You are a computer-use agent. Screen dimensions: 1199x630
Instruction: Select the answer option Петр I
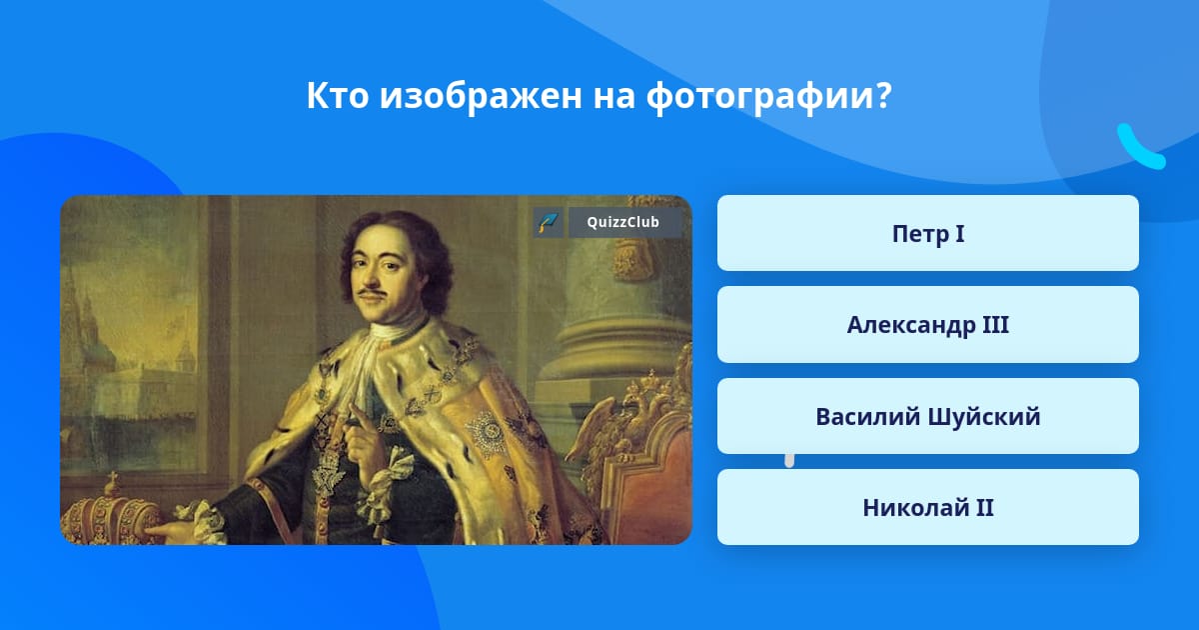point(927,233)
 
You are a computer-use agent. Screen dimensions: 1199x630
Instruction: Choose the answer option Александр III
point(927,325)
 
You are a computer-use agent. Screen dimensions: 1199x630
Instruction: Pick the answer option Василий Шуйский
point(927,416)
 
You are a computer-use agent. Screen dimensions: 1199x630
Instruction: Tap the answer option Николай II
point(927,507)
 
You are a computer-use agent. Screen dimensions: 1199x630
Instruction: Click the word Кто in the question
point(338,95)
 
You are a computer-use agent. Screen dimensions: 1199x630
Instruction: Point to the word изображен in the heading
point(481,96)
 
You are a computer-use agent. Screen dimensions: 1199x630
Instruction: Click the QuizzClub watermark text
point(622,222)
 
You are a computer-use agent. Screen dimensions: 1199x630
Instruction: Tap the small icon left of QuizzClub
point(548,222)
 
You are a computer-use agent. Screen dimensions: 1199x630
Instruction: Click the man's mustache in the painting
point(373,293)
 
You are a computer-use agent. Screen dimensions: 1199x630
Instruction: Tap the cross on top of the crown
point(112,478)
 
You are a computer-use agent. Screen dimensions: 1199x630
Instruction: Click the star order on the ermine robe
point(486,434)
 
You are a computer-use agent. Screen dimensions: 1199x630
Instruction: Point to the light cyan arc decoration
point(1139,149)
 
